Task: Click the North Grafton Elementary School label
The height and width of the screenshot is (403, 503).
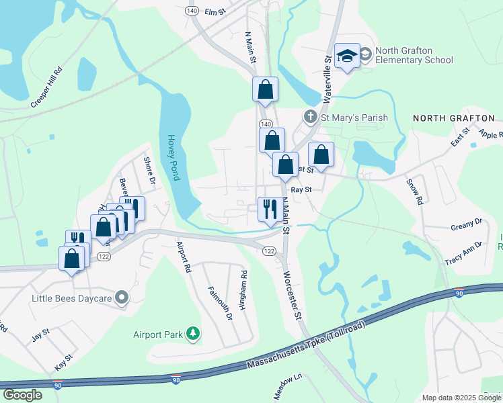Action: coord(414,55)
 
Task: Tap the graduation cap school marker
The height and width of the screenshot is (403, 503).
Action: coord(347,57)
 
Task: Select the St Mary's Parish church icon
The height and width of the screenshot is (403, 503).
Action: coord(310,118)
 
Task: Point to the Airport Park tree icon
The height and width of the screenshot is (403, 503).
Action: coord(194,333)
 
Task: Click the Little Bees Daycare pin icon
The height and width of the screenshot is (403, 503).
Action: coord(122,296)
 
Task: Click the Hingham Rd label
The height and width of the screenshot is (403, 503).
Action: coord(245,289)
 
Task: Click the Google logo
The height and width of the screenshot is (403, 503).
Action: coord(23,394)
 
